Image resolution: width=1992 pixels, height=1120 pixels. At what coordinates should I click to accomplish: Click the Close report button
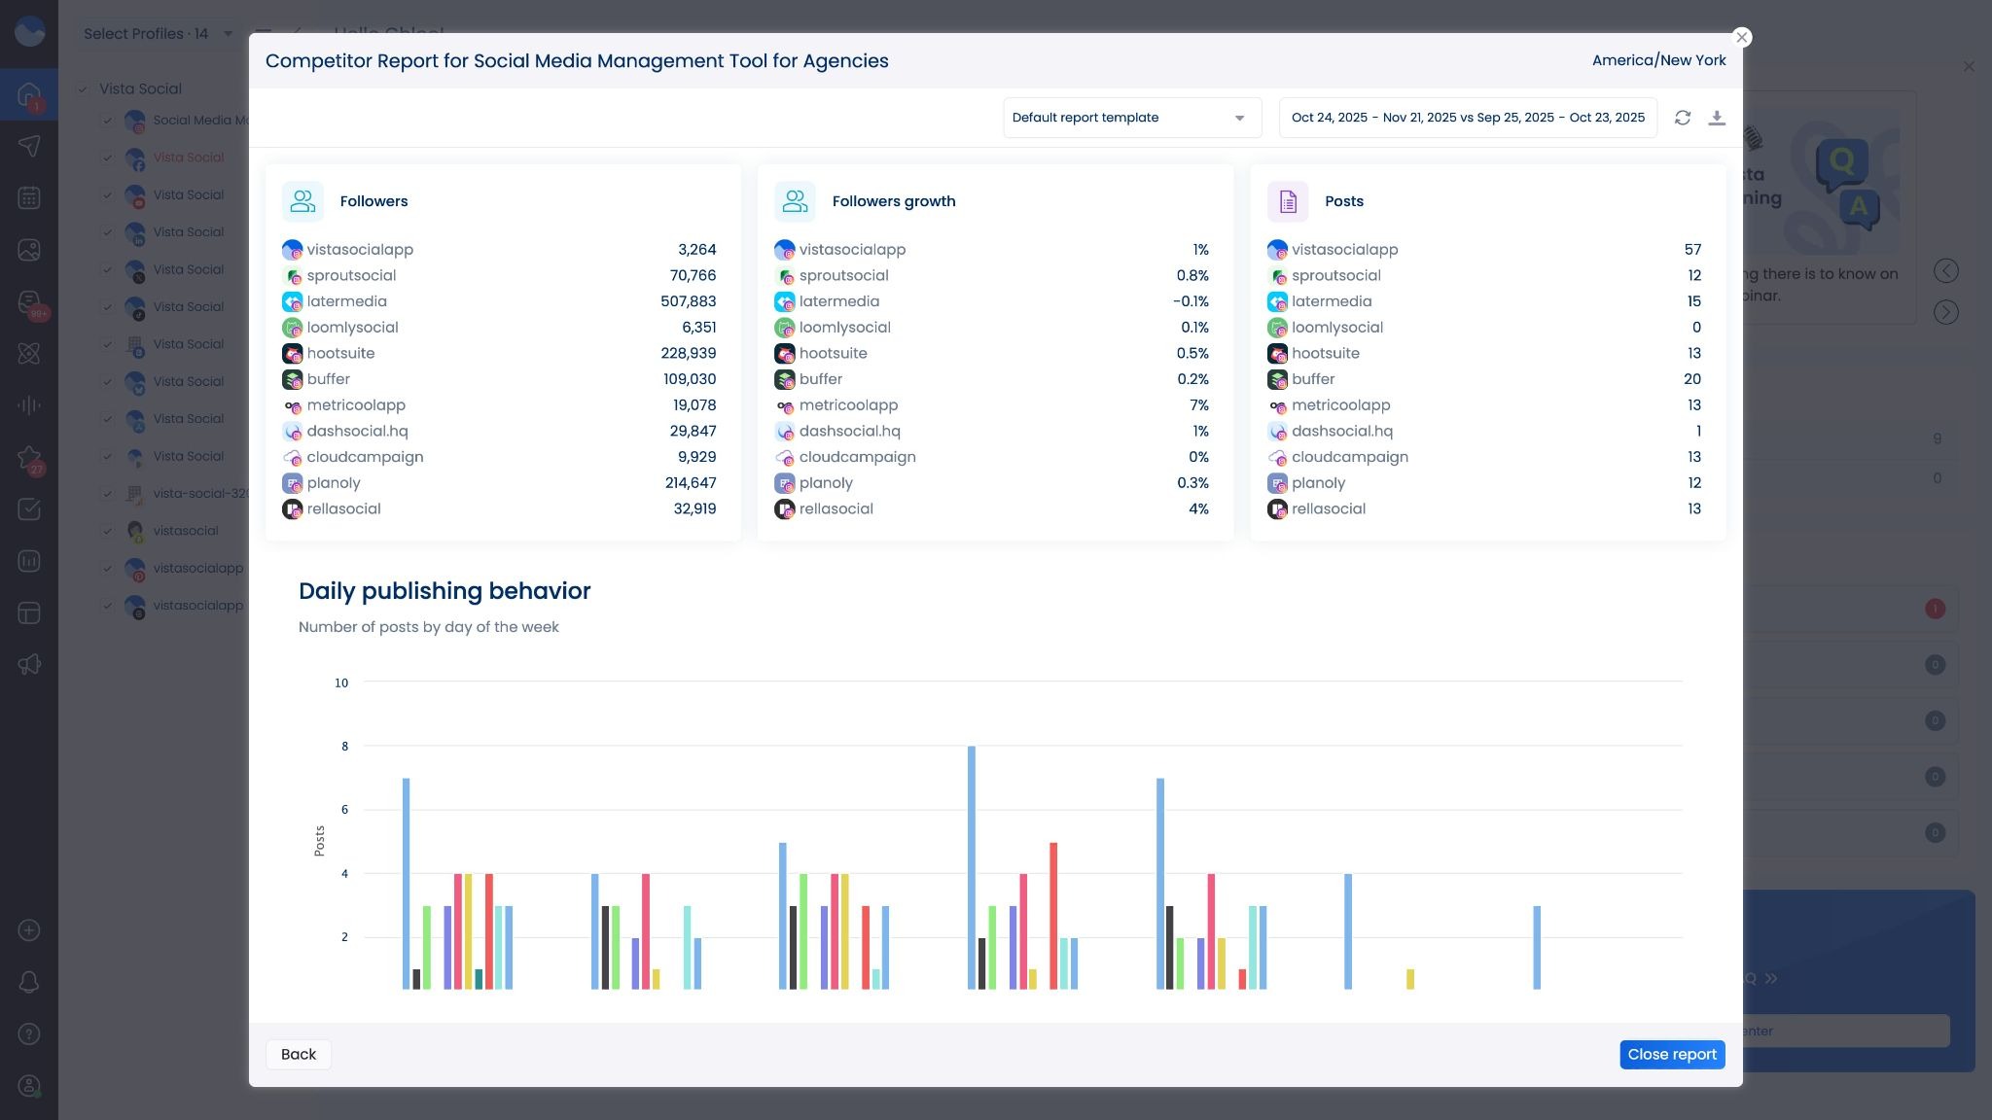click(x=1672, y=1055)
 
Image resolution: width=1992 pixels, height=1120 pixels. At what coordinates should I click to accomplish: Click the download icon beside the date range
click(x=1717, y=118)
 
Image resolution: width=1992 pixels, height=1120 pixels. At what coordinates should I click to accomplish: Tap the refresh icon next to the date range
click(x=1683, y=118)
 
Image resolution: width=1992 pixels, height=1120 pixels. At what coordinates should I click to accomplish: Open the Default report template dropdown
click(x=1131, y=118)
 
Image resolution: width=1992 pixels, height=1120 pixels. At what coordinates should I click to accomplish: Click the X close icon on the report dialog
click(x=1742, y=37)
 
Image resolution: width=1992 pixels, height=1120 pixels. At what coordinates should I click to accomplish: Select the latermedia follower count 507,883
click(x=688, y=301)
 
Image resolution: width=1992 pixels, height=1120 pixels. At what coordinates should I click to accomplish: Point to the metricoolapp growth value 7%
click(x=1198, y=405)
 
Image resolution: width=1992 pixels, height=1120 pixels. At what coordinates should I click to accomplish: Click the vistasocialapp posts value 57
click(x=1692, y=250)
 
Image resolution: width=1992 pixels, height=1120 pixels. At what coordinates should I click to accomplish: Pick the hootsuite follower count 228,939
click(x=688, y=354)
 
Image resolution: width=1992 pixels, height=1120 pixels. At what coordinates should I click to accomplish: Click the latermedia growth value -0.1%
click(x=1191, y=301)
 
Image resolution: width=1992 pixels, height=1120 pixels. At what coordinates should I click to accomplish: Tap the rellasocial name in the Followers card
click(x=343, y=509)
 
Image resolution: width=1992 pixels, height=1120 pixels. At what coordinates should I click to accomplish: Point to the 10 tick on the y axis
click(x=341, y=683)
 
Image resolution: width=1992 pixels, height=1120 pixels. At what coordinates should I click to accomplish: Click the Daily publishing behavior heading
click(x=445, y=591)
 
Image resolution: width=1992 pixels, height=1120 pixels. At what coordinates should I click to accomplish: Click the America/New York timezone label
click(x=1658, y=60)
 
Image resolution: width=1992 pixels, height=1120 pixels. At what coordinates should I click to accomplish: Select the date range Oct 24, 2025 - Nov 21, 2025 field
click(x=1467, y=118)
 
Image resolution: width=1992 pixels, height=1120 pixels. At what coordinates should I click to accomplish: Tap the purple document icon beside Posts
click(x=1288, y=201)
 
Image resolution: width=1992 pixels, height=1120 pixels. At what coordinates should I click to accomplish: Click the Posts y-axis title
click(x=319, y=841)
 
